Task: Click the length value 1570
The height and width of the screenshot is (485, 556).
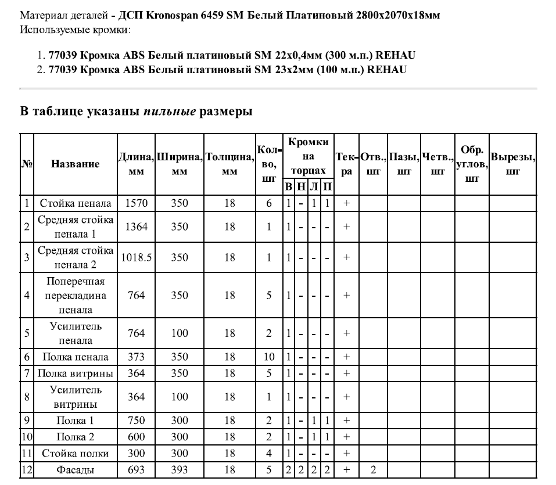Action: tap(136, 204)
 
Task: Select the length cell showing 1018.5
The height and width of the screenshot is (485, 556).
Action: tap(136, 257)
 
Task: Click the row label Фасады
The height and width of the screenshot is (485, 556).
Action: tap(76, 469)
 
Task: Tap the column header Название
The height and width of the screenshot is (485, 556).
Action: tap(76, 164)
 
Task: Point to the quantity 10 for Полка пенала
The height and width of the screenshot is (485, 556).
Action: tap(269, 357)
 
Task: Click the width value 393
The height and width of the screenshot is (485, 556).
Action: tap(180, 469)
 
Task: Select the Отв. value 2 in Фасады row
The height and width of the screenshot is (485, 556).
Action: tap(373, 469)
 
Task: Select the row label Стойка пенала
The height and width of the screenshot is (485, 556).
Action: tap(76, 204)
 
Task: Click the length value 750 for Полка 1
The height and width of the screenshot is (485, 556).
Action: tap(136, 421)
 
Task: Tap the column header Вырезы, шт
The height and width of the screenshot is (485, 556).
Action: tap(513, 164)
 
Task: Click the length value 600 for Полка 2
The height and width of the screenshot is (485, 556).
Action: tap(136, 437)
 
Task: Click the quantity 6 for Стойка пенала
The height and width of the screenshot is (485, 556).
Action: tap(269, 204)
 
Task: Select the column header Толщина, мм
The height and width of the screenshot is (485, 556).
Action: tap(229, 164)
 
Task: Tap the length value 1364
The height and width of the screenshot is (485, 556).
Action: tap(136, 227)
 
